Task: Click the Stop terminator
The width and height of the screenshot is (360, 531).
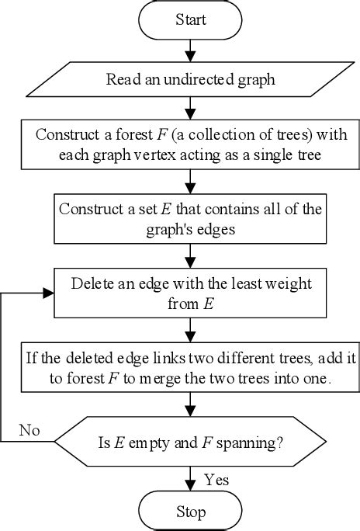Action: tap(191, 512)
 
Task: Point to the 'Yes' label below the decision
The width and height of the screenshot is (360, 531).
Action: tap(216, 480)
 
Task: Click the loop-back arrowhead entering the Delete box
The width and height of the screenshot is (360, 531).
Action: tap(50, 293)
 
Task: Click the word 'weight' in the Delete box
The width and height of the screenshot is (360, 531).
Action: tap(286, 284)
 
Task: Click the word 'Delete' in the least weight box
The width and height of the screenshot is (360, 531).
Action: tap(92, 284)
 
